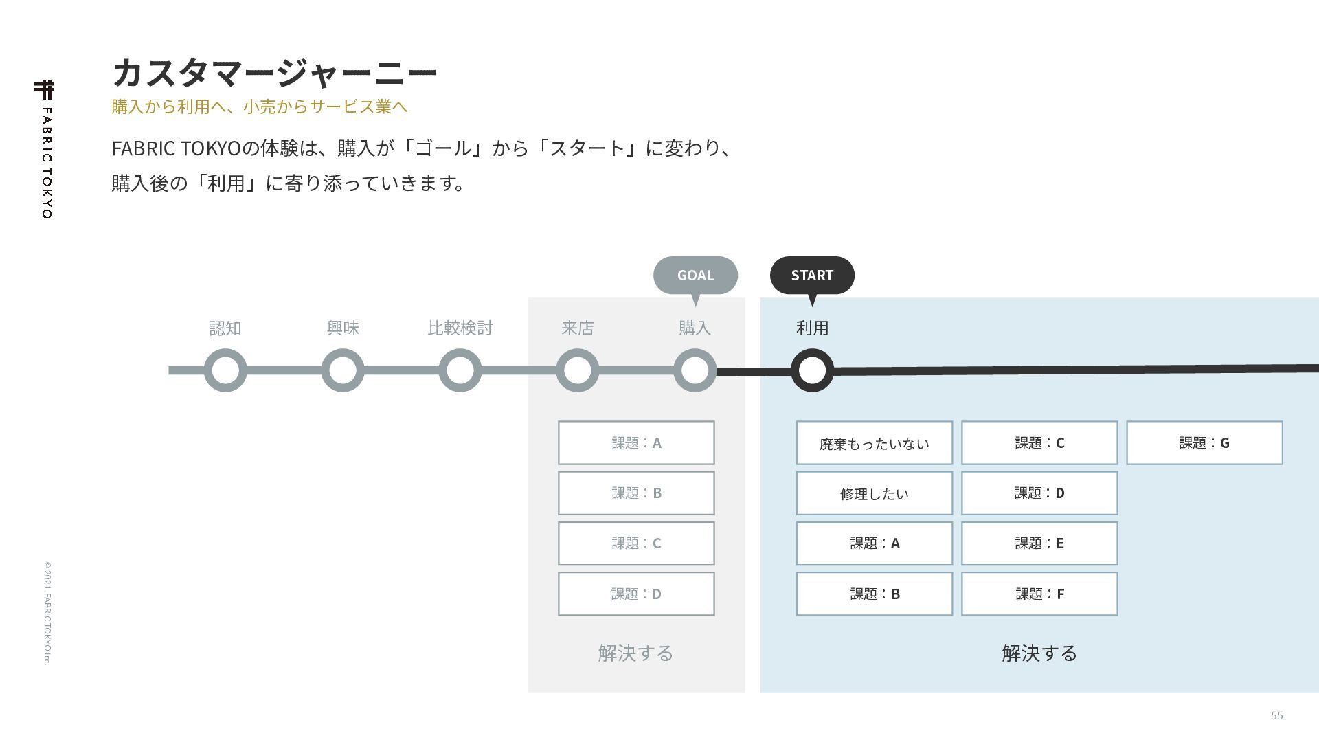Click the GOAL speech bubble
tap(695, 276)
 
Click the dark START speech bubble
tap(812, 276)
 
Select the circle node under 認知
tap(225, 370)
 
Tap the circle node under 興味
tap(343, 370)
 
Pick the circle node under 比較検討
tap(460, 370)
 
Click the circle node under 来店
tap(578, 370)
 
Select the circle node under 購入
tap(695, 370)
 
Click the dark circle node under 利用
tap(812, 370)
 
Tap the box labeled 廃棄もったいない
tap(875, 443)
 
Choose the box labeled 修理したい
tap(875, 493)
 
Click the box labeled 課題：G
tap(1204, 443)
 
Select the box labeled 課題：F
tap(1039, 594)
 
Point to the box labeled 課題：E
tap(1039, 543)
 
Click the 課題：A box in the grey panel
tap(636, 443)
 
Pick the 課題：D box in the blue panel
tap(1039, 493)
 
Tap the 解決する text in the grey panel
tap(635, 653)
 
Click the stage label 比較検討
tap(460, 328)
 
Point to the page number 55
tap(1276, 715)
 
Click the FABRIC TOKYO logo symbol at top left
tap(45, 89)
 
